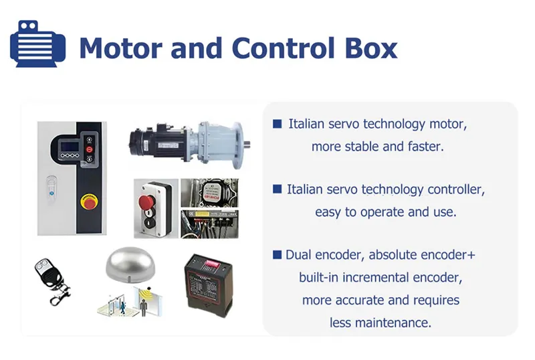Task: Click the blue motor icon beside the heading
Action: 37,43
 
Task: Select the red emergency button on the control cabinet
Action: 89,201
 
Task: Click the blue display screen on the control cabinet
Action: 70,147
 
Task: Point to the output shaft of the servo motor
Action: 247,143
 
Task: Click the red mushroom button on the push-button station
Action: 146,201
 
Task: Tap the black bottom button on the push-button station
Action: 149,223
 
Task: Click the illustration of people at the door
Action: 130,302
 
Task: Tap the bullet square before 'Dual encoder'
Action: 278,255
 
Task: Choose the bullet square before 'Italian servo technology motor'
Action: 278,124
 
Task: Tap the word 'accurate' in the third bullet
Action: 360,300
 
